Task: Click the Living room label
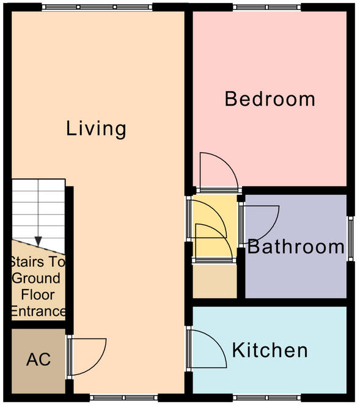tap(96, 129)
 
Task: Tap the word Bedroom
tap(270, 98)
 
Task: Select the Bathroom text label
tap(296, 247)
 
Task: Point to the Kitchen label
tap(270, 351)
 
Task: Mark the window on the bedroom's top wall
tap(257, 7)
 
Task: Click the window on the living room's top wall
tap(97, 7)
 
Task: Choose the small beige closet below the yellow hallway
tap(215, 281)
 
